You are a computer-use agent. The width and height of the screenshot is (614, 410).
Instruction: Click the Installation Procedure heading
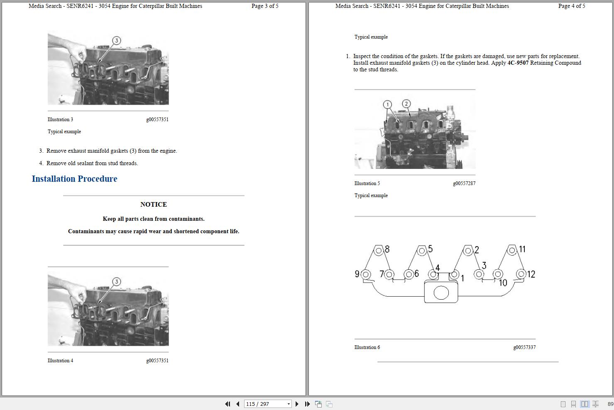pyautogui.click(x=74, y=179)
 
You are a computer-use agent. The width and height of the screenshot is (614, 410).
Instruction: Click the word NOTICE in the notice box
pyautogui.click(x=154, y=204)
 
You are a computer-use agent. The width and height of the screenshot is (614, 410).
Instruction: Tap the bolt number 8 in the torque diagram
pyautogui.click(x=379, y=250)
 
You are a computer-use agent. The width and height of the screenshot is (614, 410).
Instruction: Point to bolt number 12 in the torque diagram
pyautogui.click(x=521, y=274)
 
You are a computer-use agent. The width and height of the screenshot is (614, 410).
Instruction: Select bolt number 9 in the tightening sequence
pyautogui.click(x=366, y=274)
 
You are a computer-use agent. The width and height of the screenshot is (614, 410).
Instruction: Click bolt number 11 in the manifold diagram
pyautogui.click(x=512, y=250)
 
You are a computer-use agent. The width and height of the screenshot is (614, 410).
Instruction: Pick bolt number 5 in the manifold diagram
pyautogui.click(x=422, y=250)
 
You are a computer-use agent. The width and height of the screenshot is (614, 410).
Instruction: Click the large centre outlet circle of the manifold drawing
pyautogui.click(x=441, y=293)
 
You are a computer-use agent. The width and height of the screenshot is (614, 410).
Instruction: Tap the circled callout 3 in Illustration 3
pyautogui.click(x=117, y=40)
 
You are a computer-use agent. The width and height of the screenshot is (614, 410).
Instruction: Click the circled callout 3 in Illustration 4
pyautogui.click(x=117, y=281)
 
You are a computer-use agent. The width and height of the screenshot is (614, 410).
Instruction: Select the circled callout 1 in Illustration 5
pyautogui.click(x=387, y=104)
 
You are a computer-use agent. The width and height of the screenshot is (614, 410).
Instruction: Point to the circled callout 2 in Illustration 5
pyautogui.click(x=406, y=103)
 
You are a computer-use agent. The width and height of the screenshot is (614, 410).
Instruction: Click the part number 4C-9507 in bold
pyautogui.click(x=518, y=63)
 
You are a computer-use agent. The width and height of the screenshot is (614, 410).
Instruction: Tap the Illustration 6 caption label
pyautogui.click(x=367, y=347)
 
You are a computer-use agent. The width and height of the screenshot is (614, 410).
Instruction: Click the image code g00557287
pyautogui.click(x=464, y=183)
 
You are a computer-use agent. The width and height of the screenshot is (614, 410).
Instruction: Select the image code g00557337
pyautogui.click(x=524, y=347)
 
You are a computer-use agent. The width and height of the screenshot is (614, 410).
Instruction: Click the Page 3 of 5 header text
pyautogui.click(x=265, y=6)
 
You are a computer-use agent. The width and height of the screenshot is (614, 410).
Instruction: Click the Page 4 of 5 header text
pyautogui.click(x=572, y=6)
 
